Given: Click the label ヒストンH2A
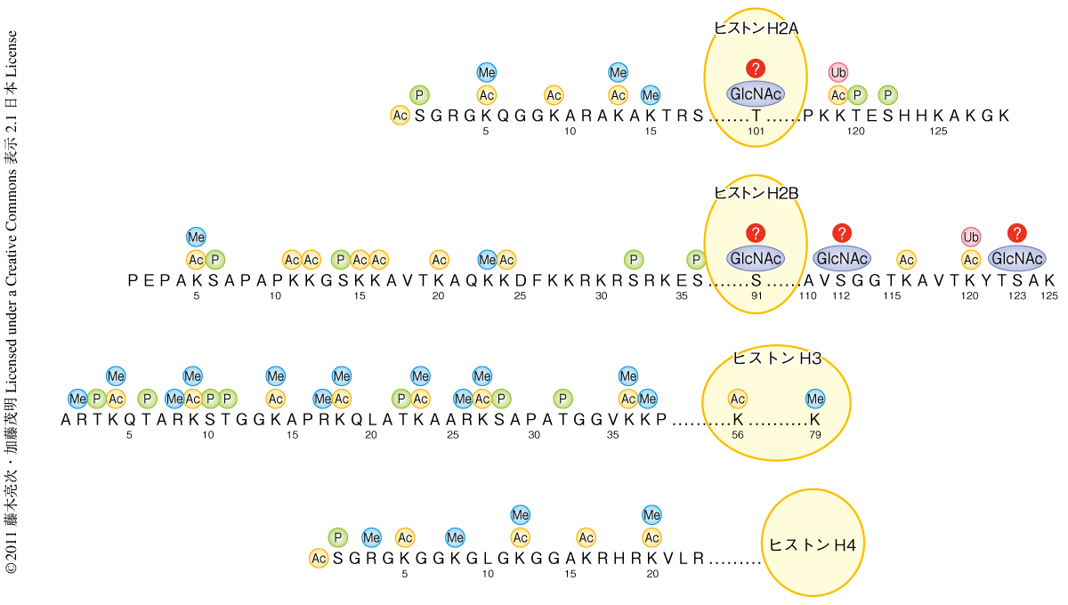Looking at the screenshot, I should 756,28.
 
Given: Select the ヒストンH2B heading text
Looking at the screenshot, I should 756,192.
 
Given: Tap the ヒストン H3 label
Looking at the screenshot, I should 776,358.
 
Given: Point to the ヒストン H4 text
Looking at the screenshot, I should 812,544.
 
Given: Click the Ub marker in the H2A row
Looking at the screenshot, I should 837,72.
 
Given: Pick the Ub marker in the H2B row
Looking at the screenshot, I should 971,237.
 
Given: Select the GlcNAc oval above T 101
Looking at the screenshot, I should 756,94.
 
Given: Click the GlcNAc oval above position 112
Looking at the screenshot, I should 842,259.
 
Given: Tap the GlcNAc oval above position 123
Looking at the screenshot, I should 1016,259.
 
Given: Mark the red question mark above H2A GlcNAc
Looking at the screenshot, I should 756,69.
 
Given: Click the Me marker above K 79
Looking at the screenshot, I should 815,398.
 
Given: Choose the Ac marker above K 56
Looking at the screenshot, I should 737,398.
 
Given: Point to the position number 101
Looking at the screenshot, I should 756,132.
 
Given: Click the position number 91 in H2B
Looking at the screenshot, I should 756,296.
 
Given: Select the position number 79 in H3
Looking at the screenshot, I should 815,435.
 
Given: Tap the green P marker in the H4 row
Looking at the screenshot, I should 337,536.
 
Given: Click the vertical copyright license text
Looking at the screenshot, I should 12,302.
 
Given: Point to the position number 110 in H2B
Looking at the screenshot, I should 807,296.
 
